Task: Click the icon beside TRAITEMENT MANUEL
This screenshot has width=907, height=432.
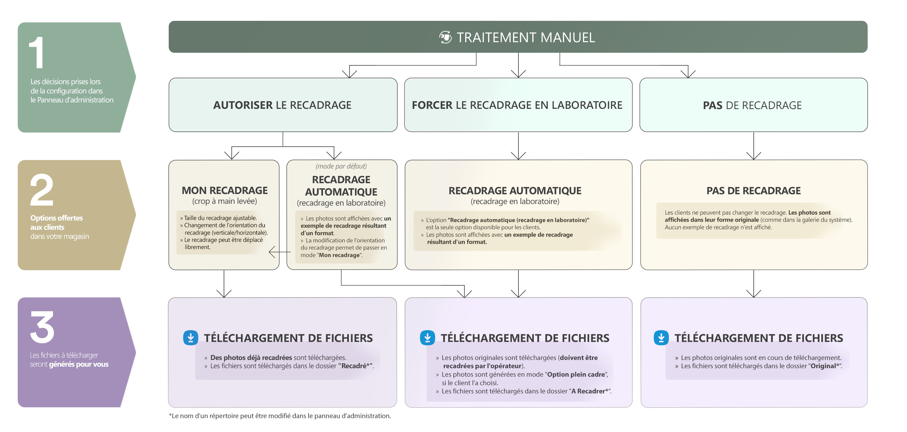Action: tap(445, 37)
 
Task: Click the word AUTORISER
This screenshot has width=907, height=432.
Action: tap(243, 105)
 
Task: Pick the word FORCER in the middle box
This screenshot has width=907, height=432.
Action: tap(432, 105)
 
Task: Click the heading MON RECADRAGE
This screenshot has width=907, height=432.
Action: tap(225, 190)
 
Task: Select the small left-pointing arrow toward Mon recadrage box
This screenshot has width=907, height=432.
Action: tap(280, 252)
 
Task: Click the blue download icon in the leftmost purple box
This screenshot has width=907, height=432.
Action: tap(191, 338)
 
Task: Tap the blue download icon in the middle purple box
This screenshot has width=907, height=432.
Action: tap(427, 338)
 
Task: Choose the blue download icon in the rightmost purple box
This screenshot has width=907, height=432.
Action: tap(661, 338)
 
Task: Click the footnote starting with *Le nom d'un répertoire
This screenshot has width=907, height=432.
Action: tap(280, 416)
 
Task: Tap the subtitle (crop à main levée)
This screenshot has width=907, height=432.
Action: tap(225, 201)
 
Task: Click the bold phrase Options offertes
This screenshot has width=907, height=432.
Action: tap(56, 218)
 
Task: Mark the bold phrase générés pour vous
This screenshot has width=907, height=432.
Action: tap(78, 364)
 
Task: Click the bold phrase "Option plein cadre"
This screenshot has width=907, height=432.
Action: tap(576, 374)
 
